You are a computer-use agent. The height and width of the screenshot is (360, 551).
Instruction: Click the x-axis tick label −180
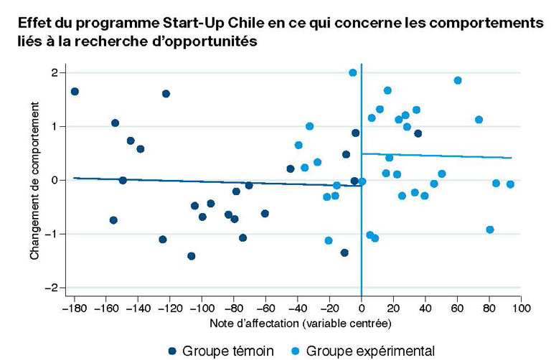click(x=74, y=308)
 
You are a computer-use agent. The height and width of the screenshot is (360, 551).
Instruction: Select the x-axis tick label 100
click(x=521, y=308)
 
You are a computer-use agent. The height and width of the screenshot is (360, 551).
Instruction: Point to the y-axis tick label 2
click(x=55, y=72)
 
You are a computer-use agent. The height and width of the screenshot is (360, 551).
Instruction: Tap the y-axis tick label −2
click(x=52, y=288)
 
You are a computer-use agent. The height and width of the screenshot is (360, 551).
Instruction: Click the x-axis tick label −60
click(x=265, y=308)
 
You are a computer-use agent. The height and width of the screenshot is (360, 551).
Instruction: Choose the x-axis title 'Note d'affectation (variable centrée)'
click(x=301, y=323)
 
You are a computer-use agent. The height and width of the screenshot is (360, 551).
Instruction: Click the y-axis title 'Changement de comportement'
click(x=34, y=181)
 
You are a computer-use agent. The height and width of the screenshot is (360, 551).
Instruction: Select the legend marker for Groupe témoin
click(x=172, y=351)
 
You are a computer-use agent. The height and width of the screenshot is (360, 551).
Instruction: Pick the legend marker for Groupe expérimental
click(x=296, y=351)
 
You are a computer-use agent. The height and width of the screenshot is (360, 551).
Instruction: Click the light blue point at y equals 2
click(x=353, y=72)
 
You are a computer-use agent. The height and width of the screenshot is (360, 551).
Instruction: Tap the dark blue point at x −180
click(x=75, y=92)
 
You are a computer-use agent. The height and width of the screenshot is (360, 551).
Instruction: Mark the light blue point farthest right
click(x=510, y=184)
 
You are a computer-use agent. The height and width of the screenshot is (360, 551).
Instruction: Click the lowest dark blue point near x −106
click(x=191, y=256)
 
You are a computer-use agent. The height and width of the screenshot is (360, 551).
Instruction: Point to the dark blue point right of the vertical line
click(x=418, y=133)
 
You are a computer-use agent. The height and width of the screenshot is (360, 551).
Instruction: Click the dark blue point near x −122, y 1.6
click(x=166, y=94)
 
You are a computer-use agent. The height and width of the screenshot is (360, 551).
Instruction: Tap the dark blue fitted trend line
click(x=217, y=182)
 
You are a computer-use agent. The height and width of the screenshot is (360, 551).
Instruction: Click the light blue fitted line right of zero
click(x=436, y=156)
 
